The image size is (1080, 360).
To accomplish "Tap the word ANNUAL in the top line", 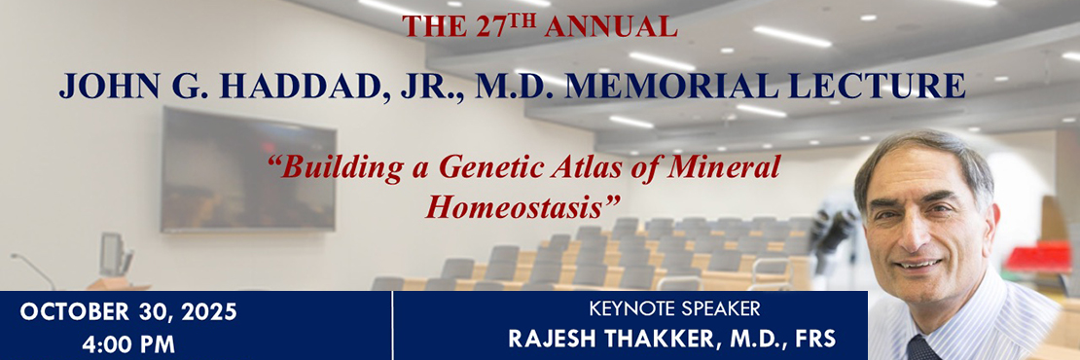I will pos(612,27).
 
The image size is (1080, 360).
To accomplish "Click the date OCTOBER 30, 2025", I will pos(127,313).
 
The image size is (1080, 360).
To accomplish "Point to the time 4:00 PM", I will pos(127,344).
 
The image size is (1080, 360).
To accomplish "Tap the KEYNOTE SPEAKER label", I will pos(674,311).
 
